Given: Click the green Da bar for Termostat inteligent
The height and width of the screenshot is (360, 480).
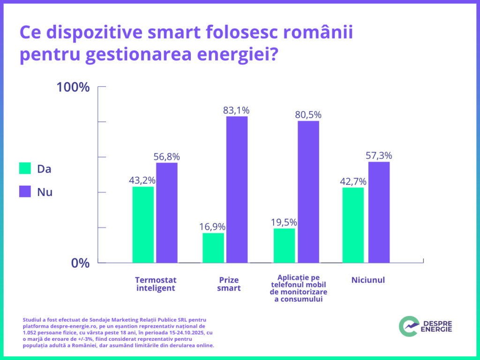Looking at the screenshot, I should click(x=143, y=225).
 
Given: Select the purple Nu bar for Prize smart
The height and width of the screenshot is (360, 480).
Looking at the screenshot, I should click(x=237, y=189).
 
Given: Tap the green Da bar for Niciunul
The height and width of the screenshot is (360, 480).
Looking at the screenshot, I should click(x=353, y=225).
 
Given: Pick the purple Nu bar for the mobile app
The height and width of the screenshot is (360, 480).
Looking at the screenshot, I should click(x=308, y=192).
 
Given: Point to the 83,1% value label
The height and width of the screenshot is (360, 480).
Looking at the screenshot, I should click(x=236, y=111).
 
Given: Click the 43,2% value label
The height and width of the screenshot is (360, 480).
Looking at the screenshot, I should click(x=142, y=180).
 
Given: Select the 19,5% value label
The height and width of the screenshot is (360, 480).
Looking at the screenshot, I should click(x=284, y=222).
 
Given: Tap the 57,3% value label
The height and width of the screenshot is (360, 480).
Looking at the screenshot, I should click(x=379, y=156).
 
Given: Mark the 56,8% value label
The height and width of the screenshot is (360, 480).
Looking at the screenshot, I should click(x=167, y=157).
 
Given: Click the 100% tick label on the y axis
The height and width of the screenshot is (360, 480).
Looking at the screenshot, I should click(x=73, y=87).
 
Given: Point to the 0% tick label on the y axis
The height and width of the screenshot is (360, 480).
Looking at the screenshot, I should click(x=80, y=263).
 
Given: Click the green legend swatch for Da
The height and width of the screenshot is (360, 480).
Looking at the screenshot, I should click(x=25, y=169).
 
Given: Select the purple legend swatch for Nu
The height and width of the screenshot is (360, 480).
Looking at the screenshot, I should click(x=25, y=192).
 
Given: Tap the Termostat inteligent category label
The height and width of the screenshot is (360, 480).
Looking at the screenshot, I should click(x=156, y=284).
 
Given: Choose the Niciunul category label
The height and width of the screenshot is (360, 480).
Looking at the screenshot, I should click(x=368, y=280).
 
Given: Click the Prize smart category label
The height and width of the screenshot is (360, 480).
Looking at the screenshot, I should click(x=229, y=284).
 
